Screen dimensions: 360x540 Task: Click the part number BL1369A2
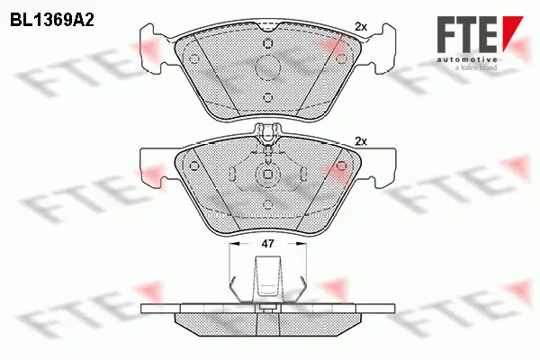53,17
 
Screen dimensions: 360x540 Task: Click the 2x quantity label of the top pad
361,27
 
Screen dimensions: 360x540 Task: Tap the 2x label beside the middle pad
361,141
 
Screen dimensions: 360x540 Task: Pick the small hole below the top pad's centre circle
267,100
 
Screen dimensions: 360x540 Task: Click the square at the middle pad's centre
267,175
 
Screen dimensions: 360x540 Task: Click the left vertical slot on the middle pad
232,174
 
